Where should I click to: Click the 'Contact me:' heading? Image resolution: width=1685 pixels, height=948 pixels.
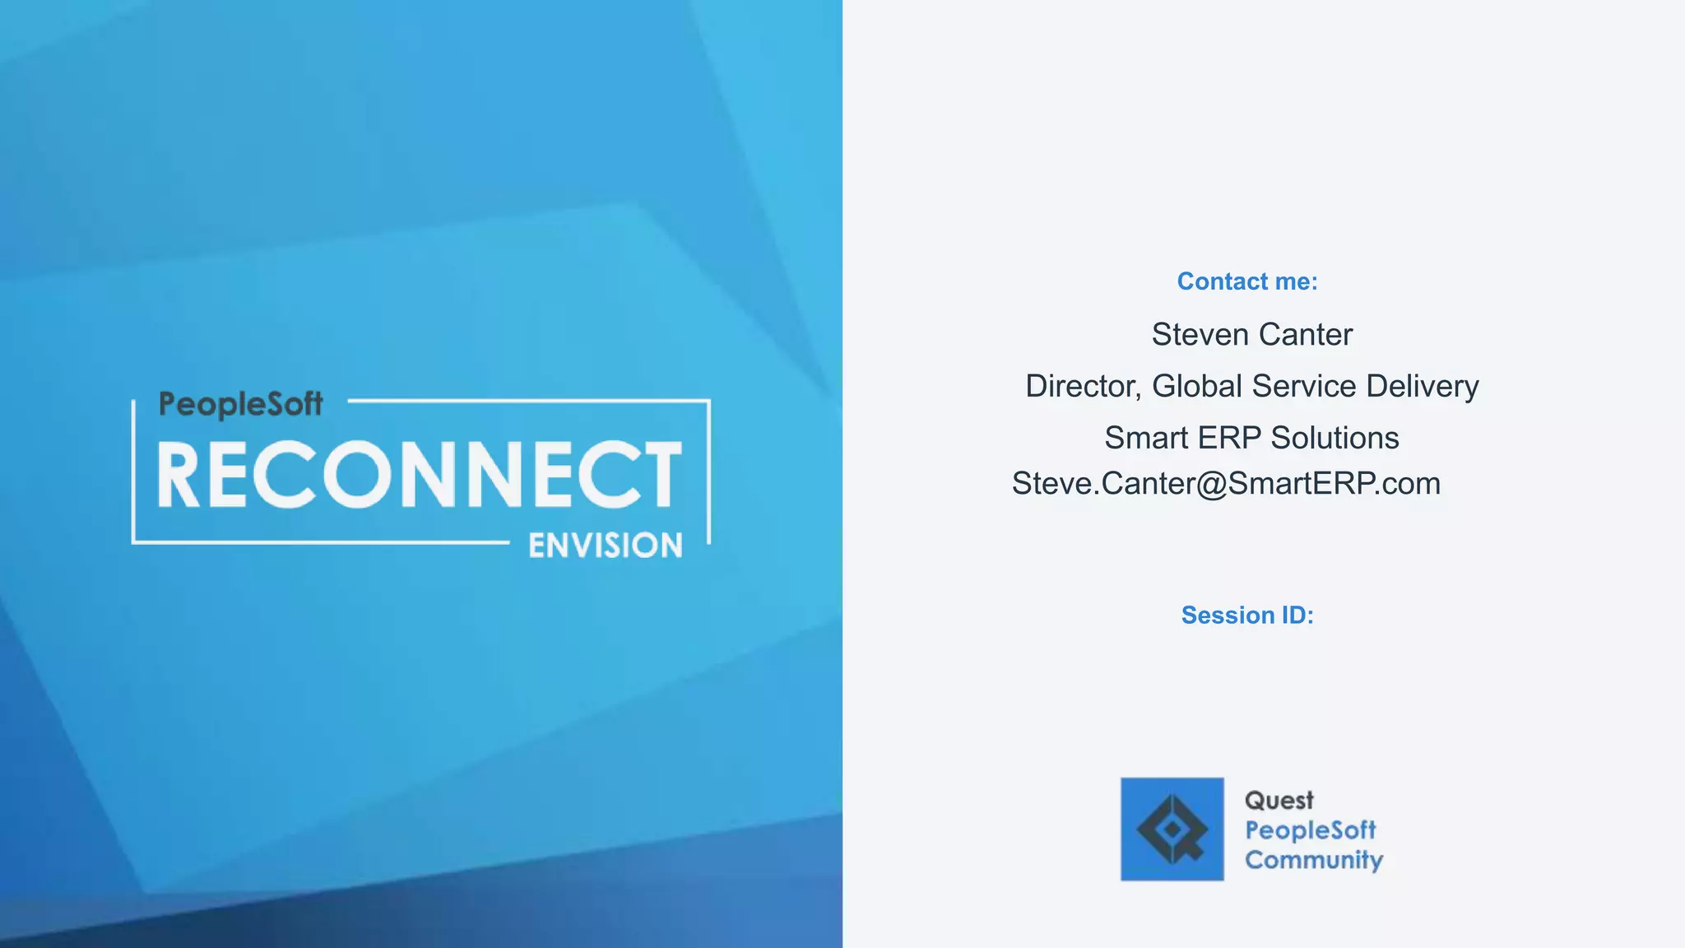(1246, 281)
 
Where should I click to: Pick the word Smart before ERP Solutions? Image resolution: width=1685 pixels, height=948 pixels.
(1145, 438)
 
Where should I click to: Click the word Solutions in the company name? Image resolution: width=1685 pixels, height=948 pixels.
(1335, 438)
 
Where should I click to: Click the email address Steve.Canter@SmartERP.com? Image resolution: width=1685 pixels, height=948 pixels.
(1226, 484)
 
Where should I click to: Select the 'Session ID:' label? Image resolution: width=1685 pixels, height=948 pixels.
(1246, 615)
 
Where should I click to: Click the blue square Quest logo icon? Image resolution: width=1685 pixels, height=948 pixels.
(1172, 829)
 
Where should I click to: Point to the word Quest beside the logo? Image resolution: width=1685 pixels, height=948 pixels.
(1279, 801)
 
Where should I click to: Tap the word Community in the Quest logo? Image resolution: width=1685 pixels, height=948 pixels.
(1313, 860)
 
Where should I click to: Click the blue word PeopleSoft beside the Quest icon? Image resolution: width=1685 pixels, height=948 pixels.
(1310, 830)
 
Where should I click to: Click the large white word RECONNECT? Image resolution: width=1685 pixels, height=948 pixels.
(420, 475)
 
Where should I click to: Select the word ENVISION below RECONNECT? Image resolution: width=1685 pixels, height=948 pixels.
(605, 546)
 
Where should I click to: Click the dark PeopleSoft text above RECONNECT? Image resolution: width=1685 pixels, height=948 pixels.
(240, 404)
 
